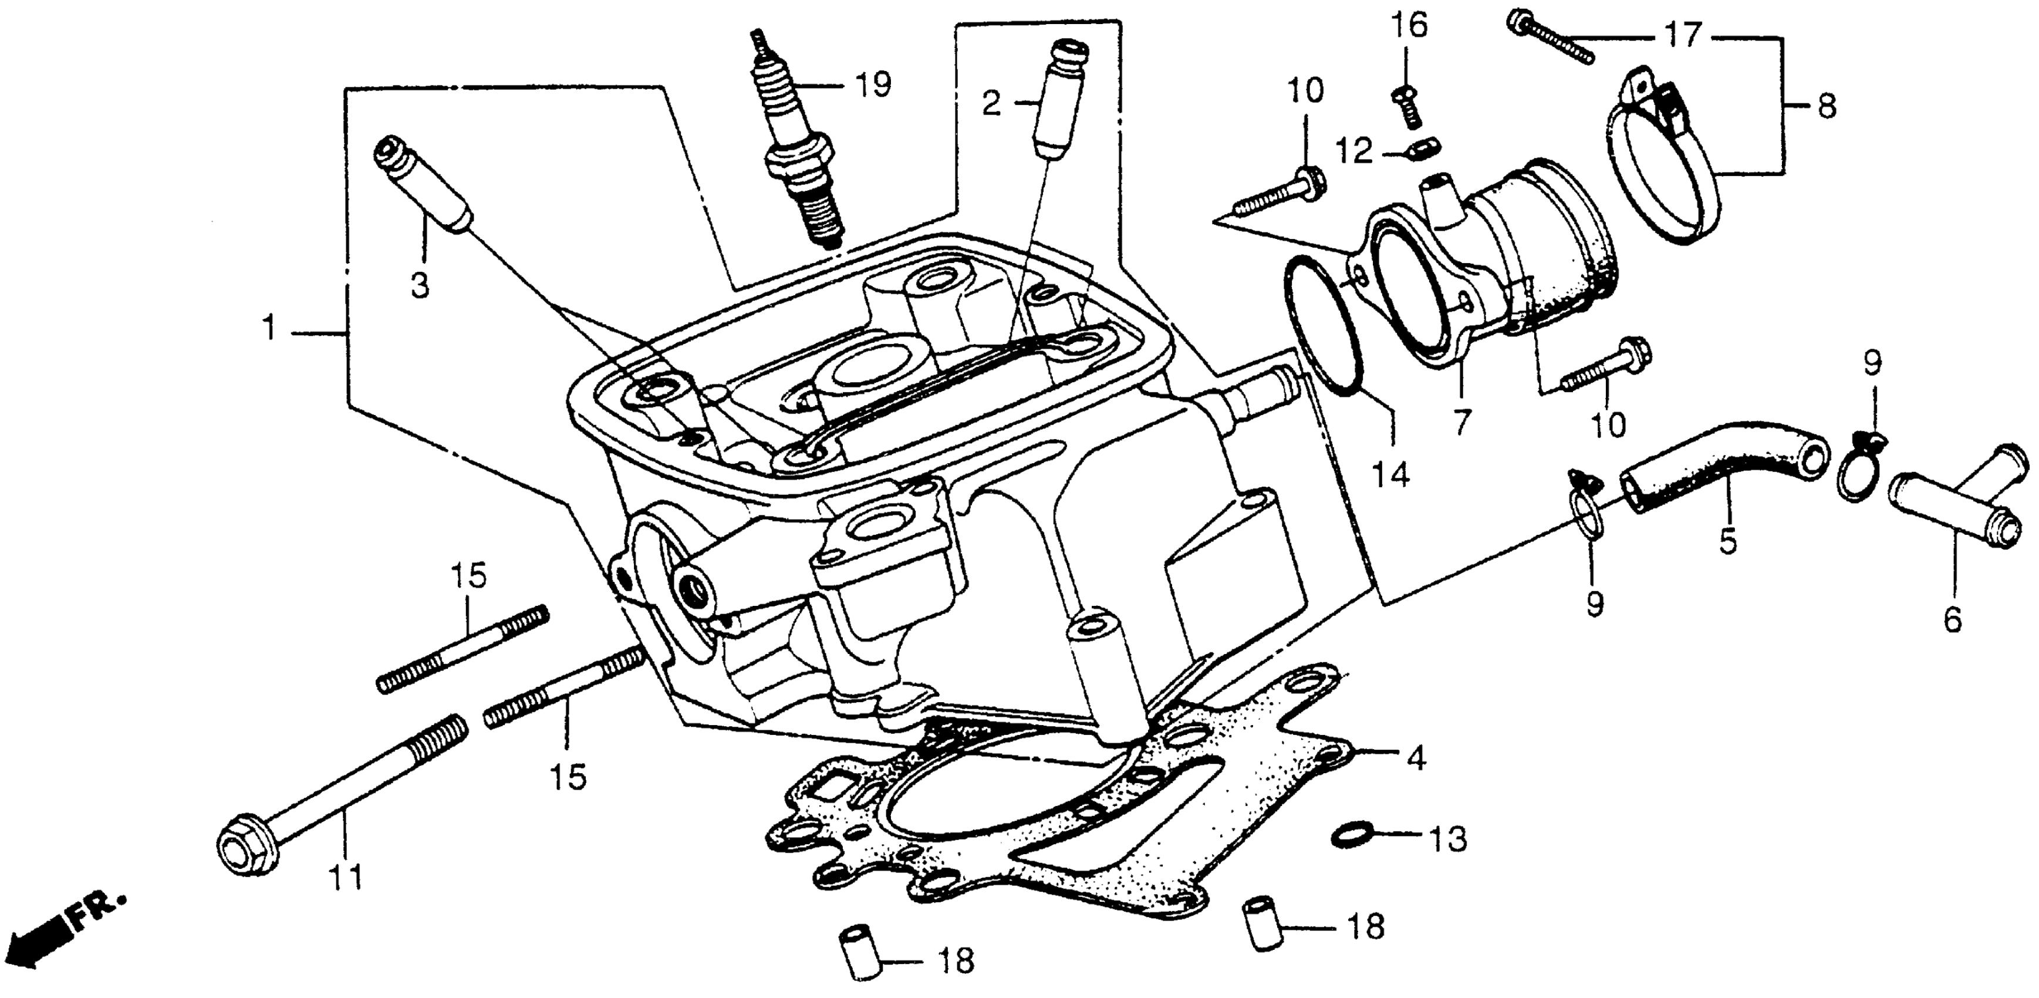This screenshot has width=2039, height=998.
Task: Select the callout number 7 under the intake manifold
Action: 1461,421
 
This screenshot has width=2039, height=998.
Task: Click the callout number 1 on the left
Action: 270,328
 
